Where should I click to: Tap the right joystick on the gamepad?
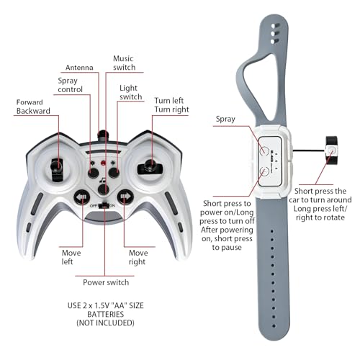150,166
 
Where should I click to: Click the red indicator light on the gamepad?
104,163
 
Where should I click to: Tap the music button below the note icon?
104,189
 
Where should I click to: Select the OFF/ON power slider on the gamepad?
104,205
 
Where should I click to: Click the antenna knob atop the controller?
103,136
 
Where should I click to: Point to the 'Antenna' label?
79,68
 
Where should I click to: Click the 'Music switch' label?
124,63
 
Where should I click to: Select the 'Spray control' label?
70,85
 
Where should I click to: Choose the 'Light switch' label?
131,92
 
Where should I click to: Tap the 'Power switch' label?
106,282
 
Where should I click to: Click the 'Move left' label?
71,257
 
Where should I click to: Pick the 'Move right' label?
138,257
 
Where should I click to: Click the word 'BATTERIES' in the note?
106,314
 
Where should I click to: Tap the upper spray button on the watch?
264,150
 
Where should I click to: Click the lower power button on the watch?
264,172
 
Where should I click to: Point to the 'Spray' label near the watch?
225,120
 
